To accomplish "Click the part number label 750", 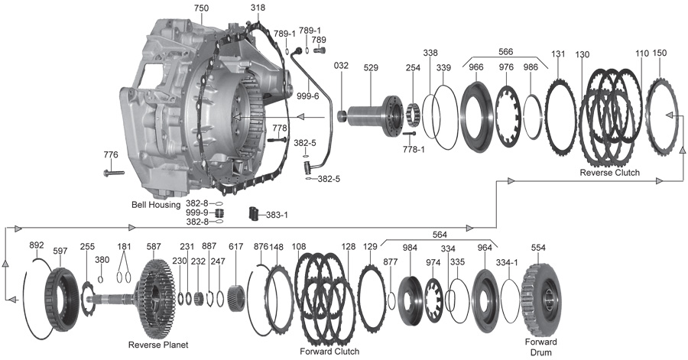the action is pos(201,8).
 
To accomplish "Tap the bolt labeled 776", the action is pos(114,173).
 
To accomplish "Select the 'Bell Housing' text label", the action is pos(156,205).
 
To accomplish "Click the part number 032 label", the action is pos(341,65).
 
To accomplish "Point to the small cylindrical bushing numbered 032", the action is pos(342,117).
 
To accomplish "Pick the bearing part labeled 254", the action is pos(414,113).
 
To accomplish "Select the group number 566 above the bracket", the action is pos(505,52).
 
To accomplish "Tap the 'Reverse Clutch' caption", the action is pos(609,173).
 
